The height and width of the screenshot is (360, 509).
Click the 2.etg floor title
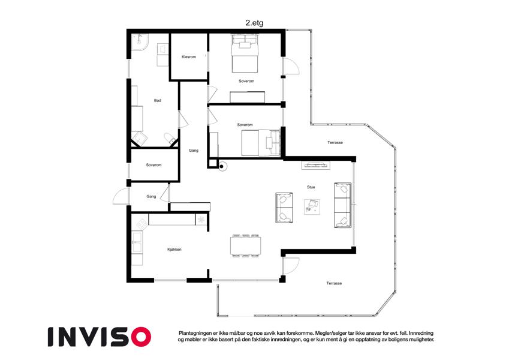254,23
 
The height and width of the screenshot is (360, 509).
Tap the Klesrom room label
189,57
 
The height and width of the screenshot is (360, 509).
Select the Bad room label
158,100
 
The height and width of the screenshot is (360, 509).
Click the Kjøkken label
174,250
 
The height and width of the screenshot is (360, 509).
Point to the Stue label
311,187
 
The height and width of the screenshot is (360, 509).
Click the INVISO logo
100,337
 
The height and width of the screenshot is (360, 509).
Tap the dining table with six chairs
245,245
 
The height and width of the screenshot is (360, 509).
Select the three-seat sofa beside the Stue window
343,205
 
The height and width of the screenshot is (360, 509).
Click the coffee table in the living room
312,206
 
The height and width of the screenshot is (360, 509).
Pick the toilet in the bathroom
170,138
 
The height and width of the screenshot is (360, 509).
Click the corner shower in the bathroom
140,42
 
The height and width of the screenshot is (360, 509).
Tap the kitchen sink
137,242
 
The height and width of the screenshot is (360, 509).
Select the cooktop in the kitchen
142,223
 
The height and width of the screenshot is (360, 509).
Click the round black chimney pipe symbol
222,167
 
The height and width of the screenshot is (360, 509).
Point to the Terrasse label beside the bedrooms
335,143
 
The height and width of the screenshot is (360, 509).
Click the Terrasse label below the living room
334,283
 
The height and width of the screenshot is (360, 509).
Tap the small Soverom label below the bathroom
153,165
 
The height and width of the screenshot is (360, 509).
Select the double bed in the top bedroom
245,53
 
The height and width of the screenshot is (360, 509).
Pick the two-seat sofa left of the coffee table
284,208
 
